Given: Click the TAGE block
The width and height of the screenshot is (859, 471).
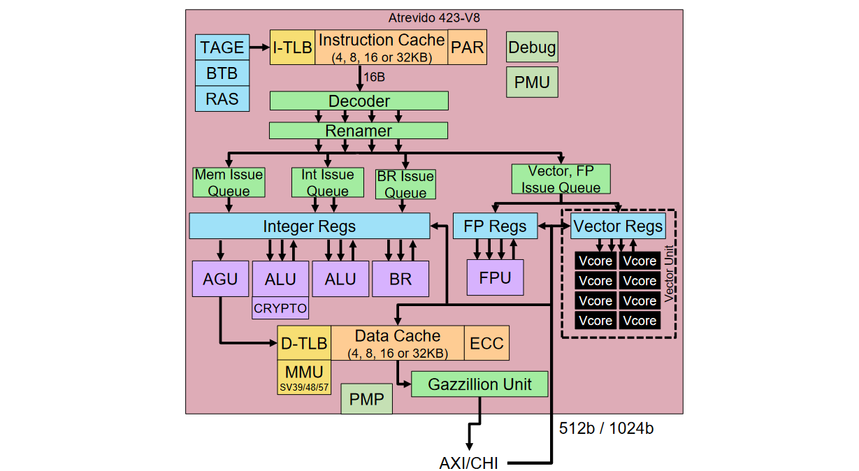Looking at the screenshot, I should click(222, 48).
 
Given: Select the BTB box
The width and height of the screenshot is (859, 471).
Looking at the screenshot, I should click(222, 73).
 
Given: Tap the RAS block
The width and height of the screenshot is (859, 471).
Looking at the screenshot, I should click(222, 99).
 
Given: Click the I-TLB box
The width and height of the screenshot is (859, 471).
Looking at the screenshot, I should click(292, 48).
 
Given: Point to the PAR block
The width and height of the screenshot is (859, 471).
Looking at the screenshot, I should click(467, 48).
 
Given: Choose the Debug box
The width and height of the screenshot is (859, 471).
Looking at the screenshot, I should click(532, 48).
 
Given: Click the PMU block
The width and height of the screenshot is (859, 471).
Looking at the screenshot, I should click(532, 82).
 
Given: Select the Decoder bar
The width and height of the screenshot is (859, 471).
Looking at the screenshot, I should click(359, 101).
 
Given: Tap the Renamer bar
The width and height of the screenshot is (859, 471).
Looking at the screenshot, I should click(359, 131).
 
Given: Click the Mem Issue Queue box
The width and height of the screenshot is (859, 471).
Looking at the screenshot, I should click(229, 182).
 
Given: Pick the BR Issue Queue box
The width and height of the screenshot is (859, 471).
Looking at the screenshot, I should click(405, 184).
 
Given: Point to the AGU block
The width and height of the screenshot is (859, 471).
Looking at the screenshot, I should click(219, 279).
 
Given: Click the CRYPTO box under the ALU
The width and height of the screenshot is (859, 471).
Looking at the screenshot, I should click(280, 307).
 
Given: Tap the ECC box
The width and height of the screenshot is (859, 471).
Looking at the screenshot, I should click(486, 344).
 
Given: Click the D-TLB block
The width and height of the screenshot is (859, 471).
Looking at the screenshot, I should click(304, 344).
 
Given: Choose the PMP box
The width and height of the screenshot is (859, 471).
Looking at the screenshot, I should click(366, 400).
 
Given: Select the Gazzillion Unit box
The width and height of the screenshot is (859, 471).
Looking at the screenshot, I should click(479, 384).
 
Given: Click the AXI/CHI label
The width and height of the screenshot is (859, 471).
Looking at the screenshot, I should click(468, 463).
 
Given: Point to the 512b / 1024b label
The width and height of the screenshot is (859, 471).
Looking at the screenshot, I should click(607, 428).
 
